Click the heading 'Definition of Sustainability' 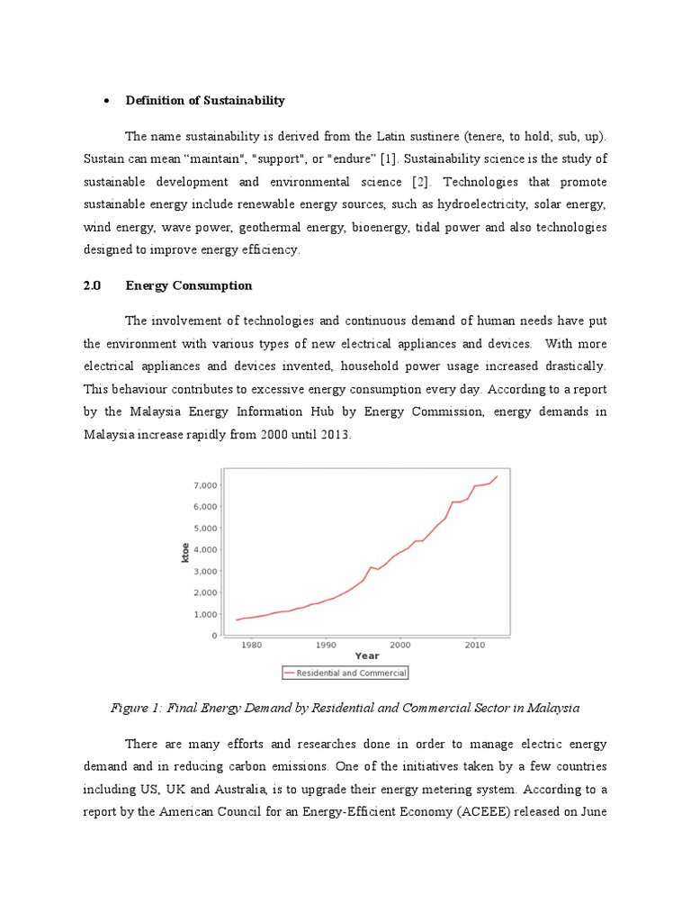(205, 101)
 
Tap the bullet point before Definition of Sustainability (105, 102)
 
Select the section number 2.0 (92, 285)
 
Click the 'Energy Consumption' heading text (189, 285)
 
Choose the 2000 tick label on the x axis (400, 645)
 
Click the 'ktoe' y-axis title (185, 550)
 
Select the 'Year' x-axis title (366, 656)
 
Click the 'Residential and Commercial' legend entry (345, 673)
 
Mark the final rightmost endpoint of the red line (497, 476)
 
